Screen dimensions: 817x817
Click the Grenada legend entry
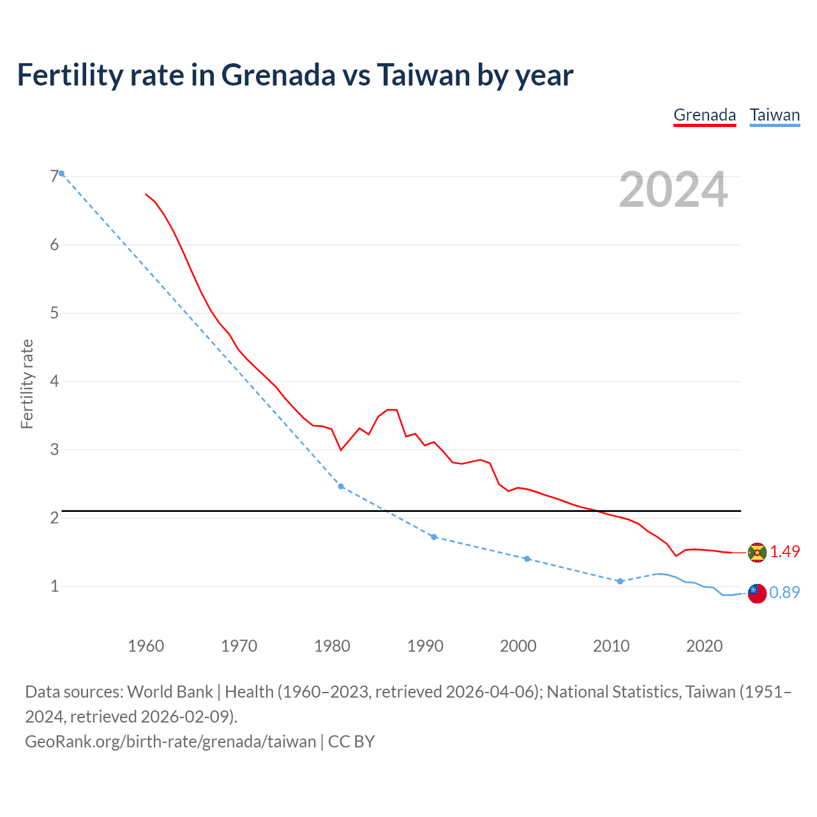705,116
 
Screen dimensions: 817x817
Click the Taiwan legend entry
774,116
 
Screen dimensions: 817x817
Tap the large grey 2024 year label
673,190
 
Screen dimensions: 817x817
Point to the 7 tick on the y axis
54,176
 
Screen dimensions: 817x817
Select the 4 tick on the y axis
54,381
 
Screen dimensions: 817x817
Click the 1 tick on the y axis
54,586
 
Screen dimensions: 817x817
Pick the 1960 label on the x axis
146,646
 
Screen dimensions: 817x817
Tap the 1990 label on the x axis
425,646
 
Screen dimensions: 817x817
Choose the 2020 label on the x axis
704,646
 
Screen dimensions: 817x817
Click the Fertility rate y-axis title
27,384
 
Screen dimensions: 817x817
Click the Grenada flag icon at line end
756,552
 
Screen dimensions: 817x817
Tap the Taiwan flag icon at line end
756,593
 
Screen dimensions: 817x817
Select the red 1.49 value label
784,551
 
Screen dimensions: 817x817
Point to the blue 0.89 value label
784,592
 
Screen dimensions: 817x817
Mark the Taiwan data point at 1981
341,486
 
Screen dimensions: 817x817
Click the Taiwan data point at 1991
434,537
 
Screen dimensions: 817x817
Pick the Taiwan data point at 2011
620,581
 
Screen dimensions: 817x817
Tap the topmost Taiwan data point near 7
61,174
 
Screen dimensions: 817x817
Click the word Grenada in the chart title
278,75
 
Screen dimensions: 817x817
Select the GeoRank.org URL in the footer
170,742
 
